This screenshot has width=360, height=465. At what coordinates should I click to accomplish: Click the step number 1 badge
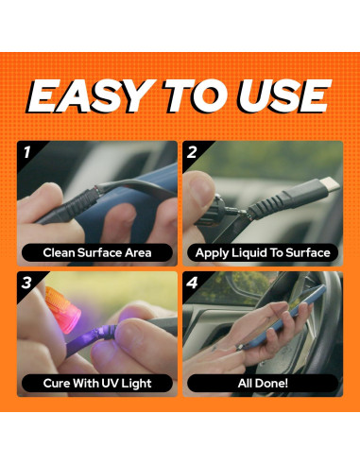tap(27, 152)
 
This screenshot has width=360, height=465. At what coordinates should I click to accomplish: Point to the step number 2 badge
tap(192, 152)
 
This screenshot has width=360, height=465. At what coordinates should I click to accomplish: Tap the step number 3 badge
tap(26, 283)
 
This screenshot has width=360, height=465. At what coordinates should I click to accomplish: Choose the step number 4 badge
tap(192, 283)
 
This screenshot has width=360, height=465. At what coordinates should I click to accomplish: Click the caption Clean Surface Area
tap(97, 252)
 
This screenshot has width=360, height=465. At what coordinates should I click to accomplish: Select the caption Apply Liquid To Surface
tap(263, 253)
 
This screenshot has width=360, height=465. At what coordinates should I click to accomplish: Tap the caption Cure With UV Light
tap(97, 384)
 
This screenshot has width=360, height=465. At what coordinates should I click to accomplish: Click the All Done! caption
tap(263, 383)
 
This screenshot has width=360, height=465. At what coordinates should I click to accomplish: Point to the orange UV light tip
tap(63, 309)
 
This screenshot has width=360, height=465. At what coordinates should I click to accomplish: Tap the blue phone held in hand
tap(281, 319)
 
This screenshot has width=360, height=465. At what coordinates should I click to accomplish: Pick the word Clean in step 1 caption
tap(59, 252)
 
